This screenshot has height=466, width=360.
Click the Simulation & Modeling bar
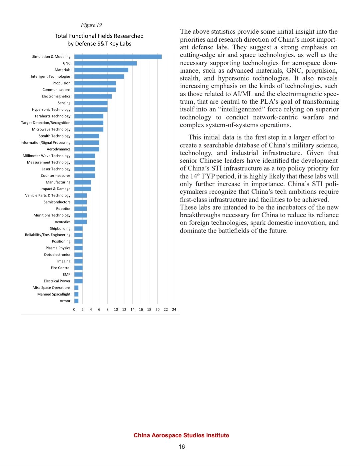click(x=118, y=57)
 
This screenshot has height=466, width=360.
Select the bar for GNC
click(x=105, y=63)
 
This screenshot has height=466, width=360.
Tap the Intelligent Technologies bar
click(x=99, y=76)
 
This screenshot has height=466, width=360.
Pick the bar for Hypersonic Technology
click(x=91, y=109)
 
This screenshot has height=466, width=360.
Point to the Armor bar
click(x=76, y=301)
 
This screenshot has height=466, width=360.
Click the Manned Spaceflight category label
click(x=54, y=294)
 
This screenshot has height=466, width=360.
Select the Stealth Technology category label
click(x=54, y=136)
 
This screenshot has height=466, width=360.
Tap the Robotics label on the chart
click(x=63, y=208)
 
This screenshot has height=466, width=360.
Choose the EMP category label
click(x=66, y=275)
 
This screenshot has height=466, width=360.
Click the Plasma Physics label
click(x=58, y=248)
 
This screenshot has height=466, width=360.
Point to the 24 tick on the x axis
click(x=174, y=310)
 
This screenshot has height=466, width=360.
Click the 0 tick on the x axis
click(x=74, y=310)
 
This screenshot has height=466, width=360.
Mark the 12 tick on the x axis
click(x=124, y=310)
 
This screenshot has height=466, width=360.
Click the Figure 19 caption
click(x=91, y=25)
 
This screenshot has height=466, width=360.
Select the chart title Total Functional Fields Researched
click(x=99, y=36)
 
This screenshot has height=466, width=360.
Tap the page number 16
click(x=182, y=447)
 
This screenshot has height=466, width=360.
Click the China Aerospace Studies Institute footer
click(x=181, y=435)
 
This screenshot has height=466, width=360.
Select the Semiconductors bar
click(x=80, y=202)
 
